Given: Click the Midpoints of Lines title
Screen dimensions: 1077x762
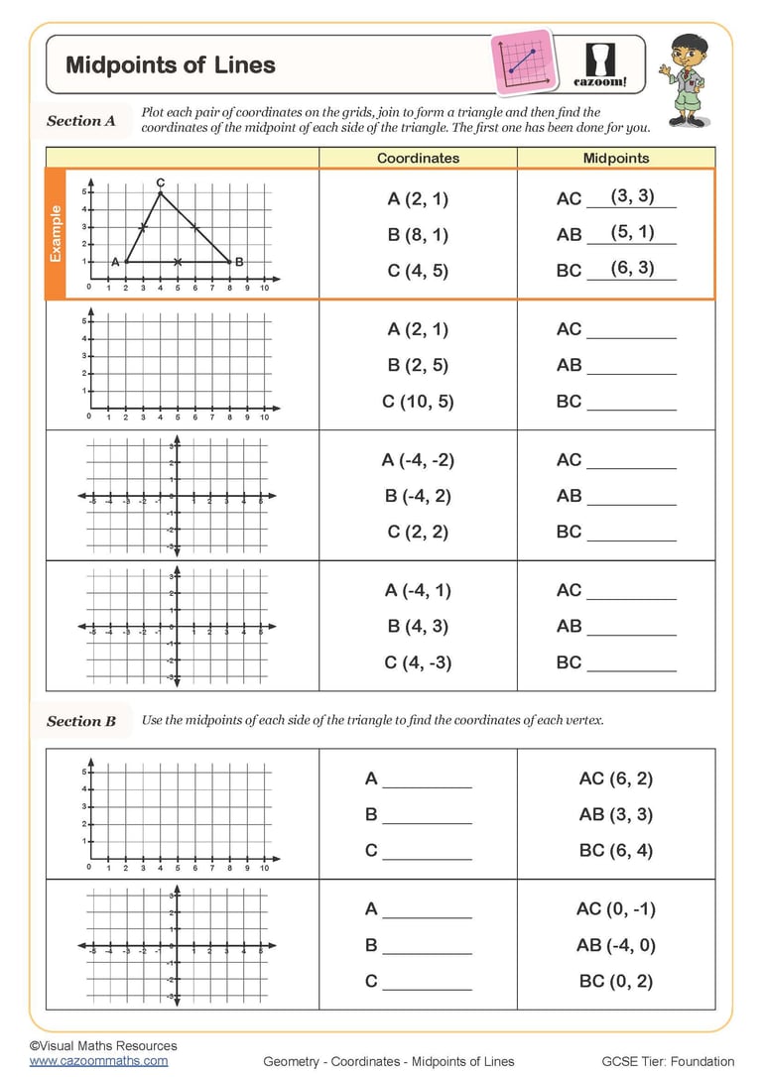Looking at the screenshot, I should (x=171, y=66).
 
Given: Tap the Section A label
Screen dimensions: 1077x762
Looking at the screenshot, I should (x=81, y=121).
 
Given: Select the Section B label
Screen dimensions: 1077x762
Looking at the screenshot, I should (x=81, y=721).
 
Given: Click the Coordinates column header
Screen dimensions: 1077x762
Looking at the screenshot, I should (x=418, y=158).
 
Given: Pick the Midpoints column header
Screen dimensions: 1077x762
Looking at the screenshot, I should (x=615, y=158).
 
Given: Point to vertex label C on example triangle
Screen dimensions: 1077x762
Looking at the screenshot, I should (x=160, y=182).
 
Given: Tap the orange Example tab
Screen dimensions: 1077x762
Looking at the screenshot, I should (x=56, y=234).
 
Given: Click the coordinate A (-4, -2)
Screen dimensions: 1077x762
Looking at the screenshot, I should (x=418, y=460).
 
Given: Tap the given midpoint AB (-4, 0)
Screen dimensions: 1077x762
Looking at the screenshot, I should (x=615, y=945).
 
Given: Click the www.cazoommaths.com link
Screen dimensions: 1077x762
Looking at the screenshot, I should (x=98, y=1060).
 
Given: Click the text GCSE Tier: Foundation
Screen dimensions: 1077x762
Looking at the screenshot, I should (x=668, y=1061).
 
